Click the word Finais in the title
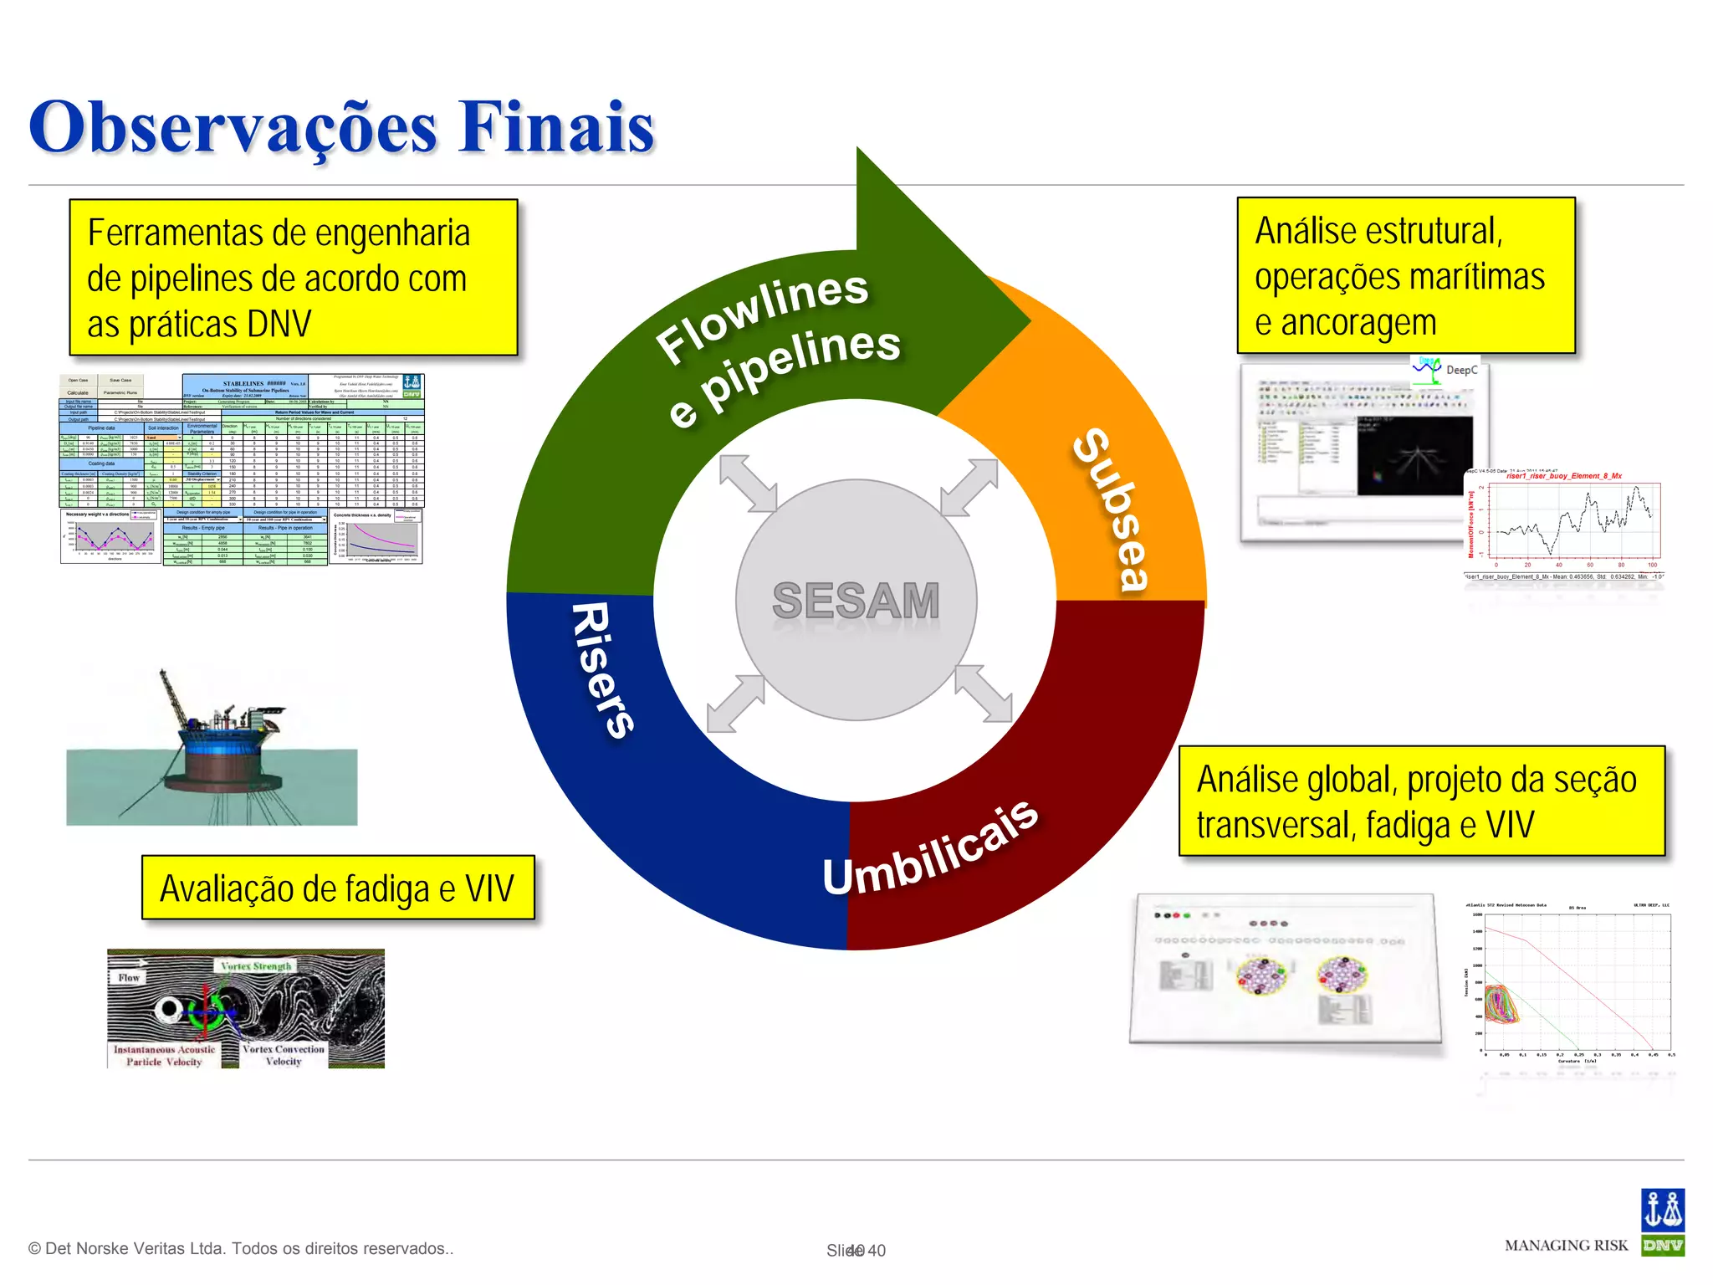click(556, 127)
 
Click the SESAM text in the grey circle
click(856, 601)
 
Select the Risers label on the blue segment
click(602, 669)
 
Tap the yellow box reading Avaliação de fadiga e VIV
click(338, 888)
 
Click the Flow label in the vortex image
click(129, 977)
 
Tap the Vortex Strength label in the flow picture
click(256, 966)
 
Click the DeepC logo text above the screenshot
click(1461, 370)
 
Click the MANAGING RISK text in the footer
click(1566, 1246)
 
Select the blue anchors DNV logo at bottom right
click(1662, 1211)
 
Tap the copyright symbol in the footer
click(34, 1249)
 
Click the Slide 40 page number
click(856, 1251)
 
